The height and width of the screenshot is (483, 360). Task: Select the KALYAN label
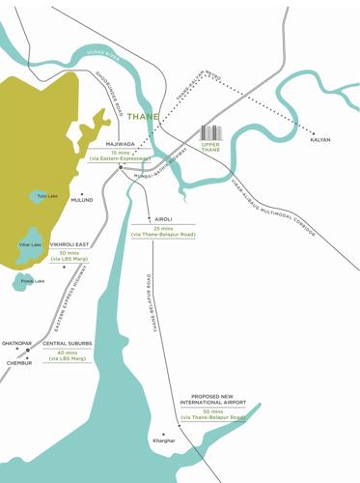pyautogui.click(x=320, y=140)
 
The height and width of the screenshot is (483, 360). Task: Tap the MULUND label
pyautogui.click(x=82, y=200)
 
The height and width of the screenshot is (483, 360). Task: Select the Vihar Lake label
pyautogui.click(x=30, y=244)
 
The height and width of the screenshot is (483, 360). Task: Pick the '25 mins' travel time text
pyautogui.click(x=163, y=228)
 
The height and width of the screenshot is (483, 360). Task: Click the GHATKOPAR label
pyautogui.click(x=17, y=343)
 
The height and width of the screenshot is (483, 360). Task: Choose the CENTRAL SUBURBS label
pyautogui.click(x=68, y=343)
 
